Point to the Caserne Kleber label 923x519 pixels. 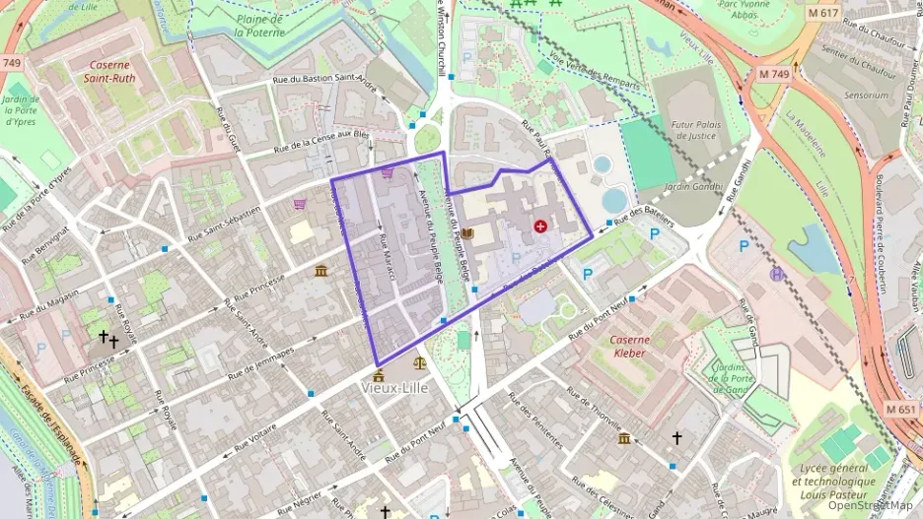pyautogui.click(x=628, y=346)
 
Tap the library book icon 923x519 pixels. pyautogui.click(x=468, y=233)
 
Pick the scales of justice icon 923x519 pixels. pyautogui.click(x=421, y=361)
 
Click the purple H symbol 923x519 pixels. pyautogui.click(x=777, y=274)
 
